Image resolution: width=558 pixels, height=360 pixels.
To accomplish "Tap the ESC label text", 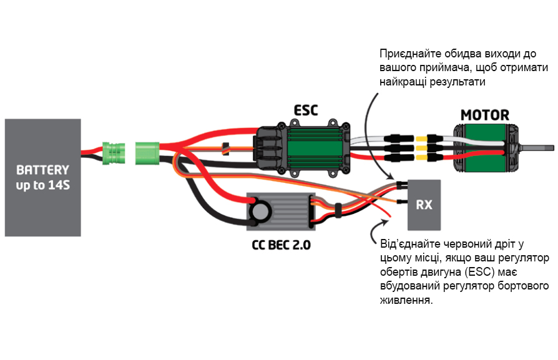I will [306, 111].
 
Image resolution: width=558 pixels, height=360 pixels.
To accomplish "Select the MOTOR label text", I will [484, 115].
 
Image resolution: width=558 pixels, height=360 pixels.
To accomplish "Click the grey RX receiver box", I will [424, 205].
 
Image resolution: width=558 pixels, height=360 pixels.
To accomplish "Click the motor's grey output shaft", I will [537, 148].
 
